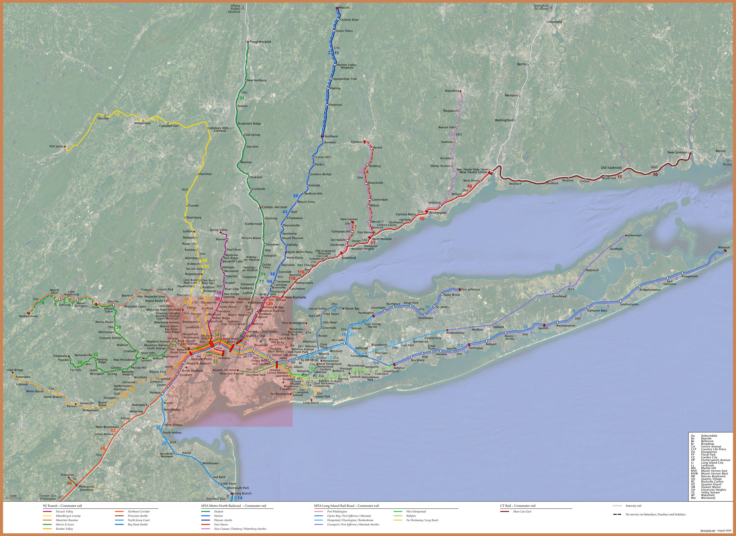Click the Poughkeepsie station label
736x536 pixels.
click(x=260, y=42)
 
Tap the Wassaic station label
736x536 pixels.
click(x=344, y=7)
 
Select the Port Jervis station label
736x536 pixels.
click(x=56, y=146)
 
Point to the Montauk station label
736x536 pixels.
click(x=724, y=247)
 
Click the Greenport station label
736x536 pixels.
click(x=634, y=235)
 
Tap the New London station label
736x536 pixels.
click(x=677, y=152)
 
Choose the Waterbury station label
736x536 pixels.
click(x=452, y=91)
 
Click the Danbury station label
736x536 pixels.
click(x=357, y=142)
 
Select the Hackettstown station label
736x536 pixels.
click(x=28, y=316)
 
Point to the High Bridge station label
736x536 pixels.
click(x=15, y=370)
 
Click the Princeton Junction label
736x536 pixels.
click(x=86, y=488)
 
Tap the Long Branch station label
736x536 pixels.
click(x=243, y=493)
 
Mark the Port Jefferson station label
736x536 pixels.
click(x=470, y=290)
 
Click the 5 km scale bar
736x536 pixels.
click(x=13, y=497)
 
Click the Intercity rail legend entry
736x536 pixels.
click(x=633, y=506)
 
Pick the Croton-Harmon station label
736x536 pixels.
click(x=275, y=207)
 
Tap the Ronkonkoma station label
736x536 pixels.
click(x=455, y=333)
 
